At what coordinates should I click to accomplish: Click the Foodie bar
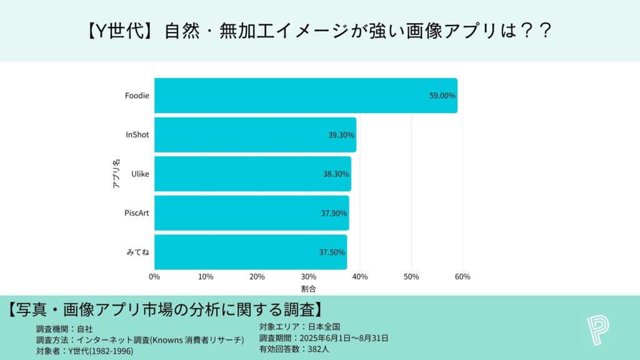click(306, 96)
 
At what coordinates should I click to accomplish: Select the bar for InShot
click(255, 135)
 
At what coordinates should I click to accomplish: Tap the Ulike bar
click(252, 174)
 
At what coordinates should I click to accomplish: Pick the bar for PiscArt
click(251, 213)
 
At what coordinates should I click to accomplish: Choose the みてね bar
click(250, 252)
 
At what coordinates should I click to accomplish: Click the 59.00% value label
click(442, 96)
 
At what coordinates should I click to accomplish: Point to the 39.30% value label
click(341, 135)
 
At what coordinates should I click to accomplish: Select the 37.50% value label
click(332, 252)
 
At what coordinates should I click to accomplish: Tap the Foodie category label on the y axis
click(137, 96)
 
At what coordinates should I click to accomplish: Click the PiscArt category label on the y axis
click(136, 213)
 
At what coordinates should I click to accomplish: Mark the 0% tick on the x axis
click(154, 277)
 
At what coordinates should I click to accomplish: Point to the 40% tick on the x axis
click(360, 277)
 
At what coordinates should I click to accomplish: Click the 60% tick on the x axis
click(462, 277)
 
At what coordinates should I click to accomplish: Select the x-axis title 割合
click(308, 289)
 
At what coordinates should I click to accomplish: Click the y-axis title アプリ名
click(116, 174)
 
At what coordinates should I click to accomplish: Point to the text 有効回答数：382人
click(294, 349)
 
